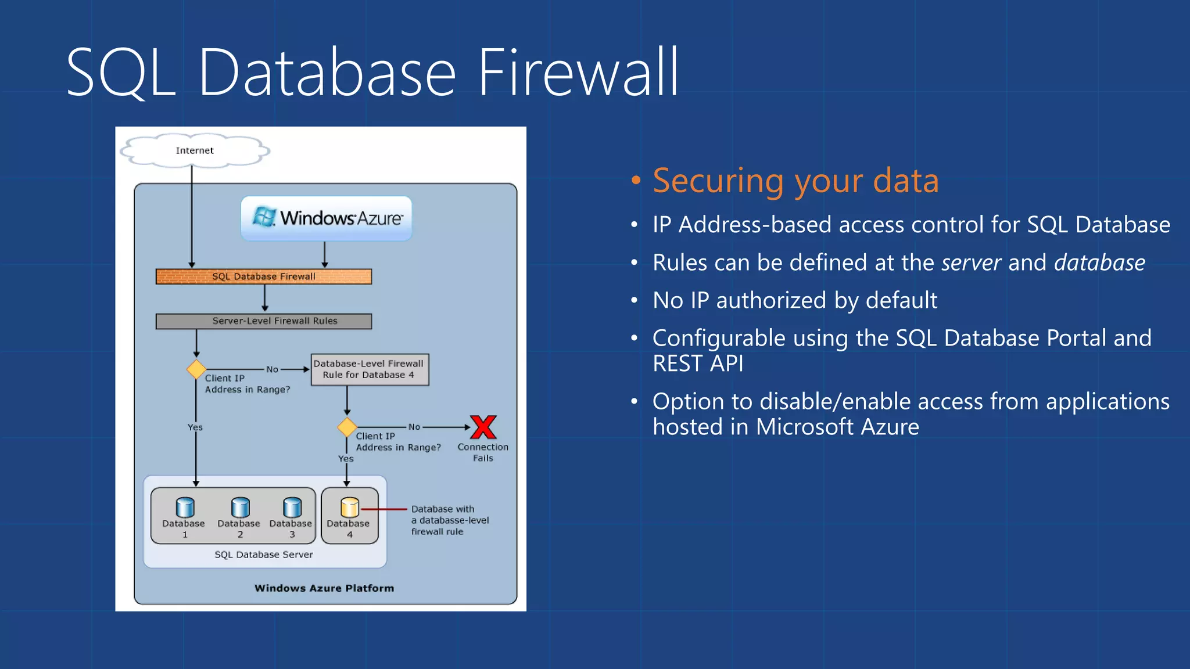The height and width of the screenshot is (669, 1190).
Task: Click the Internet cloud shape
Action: [x=195, y=151]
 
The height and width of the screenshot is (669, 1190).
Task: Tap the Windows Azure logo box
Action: [x=327, y=218]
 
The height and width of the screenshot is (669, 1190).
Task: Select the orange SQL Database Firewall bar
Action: [x=263, y=276]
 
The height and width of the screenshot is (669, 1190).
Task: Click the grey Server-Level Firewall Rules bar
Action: [x=263, y=321]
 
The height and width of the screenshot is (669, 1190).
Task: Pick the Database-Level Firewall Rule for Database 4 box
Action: [x=370, y=369]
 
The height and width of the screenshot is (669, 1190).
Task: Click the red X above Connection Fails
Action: [x=483, y=427]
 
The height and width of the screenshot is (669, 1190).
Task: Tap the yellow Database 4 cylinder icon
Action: [x=350, y=508]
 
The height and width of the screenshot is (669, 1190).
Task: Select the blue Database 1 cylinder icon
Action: [x=185, y=508]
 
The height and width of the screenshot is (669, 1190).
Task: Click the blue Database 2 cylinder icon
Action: [x=240, y=508]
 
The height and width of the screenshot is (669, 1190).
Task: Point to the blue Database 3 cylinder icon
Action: [x=292, y=508]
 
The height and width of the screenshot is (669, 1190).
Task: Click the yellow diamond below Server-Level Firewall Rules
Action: [x=196, y=369]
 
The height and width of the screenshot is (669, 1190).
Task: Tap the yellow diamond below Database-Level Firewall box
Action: [x=347, y=427]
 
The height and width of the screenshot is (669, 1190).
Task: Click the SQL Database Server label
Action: [x=263, y=555]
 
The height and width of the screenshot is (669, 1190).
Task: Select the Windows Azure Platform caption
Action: [x=324, y=588]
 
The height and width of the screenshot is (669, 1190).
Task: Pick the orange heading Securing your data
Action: [x=795, y=181]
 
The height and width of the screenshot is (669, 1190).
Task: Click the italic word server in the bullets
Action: [x=971, y=263]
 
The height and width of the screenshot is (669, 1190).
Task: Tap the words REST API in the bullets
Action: [x=697, y=364]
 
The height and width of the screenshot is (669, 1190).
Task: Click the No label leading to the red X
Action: [x=414, y=427]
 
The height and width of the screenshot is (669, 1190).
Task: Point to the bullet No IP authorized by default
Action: [x=794, y=301]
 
